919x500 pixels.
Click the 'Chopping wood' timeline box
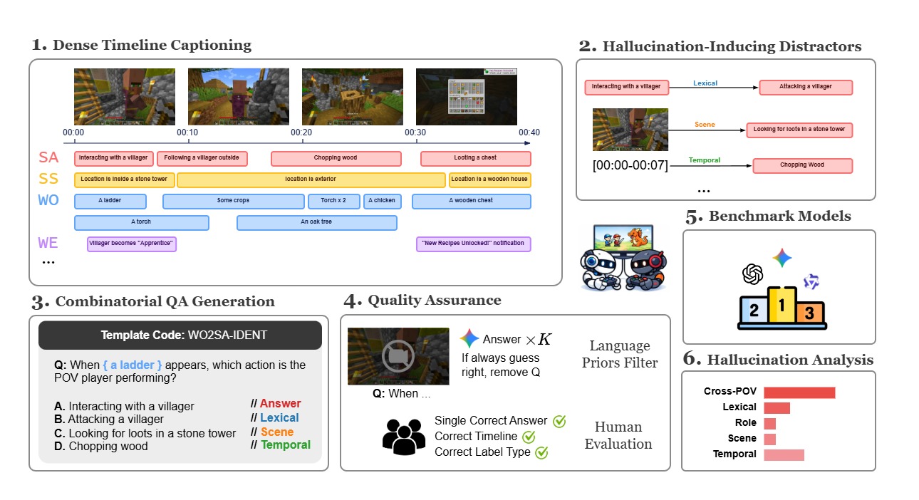pos(336,158)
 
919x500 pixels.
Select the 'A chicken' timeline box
pos(383,201)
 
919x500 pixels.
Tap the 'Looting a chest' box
pos(475,158)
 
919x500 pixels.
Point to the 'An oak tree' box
pos(316,222)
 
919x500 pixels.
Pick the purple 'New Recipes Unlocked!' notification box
pos(473,244)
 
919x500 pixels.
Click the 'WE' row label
pos(48,244)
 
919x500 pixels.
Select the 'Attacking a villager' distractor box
pos(805,87)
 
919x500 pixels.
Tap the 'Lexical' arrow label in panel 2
pos(705,83)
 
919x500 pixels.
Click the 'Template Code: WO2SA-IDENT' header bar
pos(180,335)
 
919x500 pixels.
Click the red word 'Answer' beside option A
pos(280,404)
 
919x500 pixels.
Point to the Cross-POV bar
pos(799,392)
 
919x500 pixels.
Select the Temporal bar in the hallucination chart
pos(784,454)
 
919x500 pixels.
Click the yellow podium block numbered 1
pos(782,308)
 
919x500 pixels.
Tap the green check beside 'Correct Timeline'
pos(529,436)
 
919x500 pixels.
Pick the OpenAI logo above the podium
pos(753,274)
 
